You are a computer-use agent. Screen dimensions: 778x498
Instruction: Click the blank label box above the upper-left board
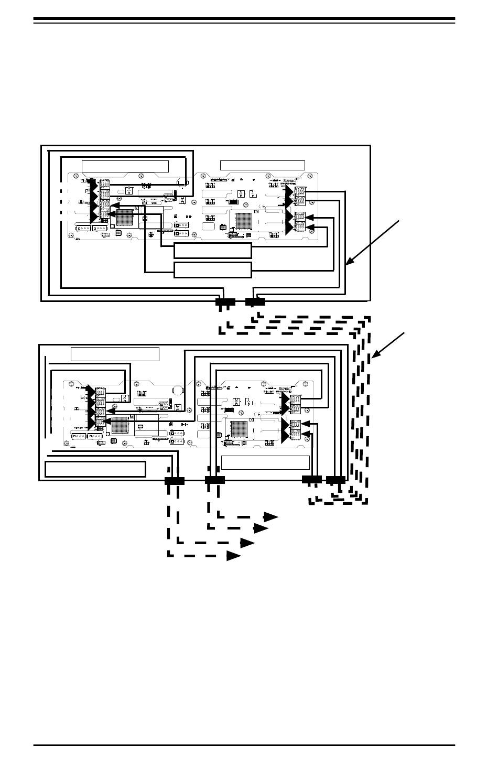(x=125, y=166)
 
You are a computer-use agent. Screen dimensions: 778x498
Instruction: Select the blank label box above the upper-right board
(x=262, y=165)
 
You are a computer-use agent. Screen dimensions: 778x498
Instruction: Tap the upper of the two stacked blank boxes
(x=212, y=251)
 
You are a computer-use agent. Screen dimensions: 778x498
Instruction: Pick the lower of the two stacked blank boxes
(x=212, y=270)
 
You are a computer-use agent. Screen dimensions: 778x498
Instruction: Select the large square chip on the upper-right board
(x=244, y=220)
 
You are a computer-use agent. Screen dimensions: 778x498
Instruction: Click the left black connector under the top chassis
(x=226, y=302)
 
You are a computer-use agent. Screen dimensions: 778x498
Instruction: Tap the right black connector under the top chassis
(x=255, y=302)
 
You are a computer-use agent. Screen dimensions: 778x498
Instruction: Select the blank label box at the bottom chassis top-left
(x=115, y=354)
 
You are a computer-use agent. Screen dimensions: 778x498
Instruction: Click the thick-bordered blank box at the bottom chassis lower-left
(x=95, y=469)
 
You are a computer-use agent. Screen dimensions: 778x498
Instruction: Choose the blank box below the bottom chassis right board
(x=265, y=462)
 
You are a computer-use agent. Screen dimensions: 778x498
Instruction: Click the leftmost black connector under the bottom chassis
(x=175, y=480)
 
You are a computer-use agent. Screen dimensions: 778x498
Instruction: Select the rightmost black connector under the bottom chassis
(x=335, y=479)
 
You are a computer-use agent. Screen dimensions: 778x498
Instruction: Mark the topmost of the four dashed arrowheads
(x=270, y=517)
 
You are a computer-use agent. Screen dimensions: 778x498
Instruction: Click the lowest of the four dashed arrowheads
(x=234, y=555)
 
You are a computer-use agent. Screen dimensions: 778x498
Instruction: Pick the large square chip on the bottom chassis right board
(x=239, y=429)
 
